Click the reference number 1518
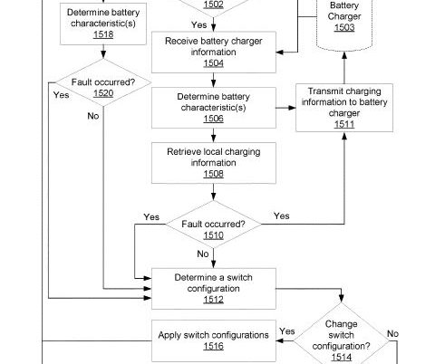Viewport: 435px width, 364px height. click(x=103, y=34)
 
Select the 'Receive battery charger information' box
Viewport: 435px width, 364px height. click(x=214, y=53)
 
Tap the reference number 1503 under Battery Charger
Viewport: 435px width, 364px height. click(x=344, y=27)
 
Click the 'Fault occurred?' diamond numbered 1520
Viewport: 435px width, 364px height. click(x=103, y=82)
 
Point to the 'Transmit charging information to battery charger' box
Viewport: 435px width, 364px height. click(x=344, y=108)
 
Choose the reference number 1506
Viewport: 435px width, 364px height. click(x=214, y=119)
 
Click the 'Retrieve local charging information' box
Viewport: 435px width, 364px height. click(x=214, y=163)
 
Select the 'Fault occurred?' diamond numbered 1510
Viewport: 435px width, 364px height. click(x=214, y=225)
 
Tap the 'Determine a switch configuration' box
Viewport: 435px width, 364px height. click(x=214, y=289)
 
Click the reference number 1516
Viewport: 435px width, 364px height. click(x=214, y=346)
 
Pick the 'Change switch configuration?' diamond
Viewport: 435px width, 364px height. click(x=342, y=335)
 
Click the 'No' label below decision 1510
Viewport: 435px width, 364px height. click(x=203, y=254)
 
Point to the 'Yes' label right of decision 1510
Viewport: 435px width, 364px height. click(x=282, y=216)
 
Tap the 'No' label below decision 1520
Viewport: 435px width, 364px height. click(x=93, y=116)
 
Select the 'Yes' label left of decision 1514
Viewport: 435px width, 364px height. click(x=287, y=331)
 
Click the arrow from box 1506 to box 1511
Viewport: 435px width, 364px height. click(x=285, y=108)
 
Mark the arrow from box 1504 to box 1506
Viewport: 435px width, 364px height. click(x=214, y=81)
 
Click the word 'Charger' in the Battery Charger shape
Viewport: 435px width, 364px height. click(x=344, y=16)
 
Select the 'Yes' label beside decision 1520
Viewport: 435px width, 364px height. click(x=61, y=95)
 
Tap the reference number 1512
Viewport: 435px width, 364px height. click(x=214, y=300)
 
